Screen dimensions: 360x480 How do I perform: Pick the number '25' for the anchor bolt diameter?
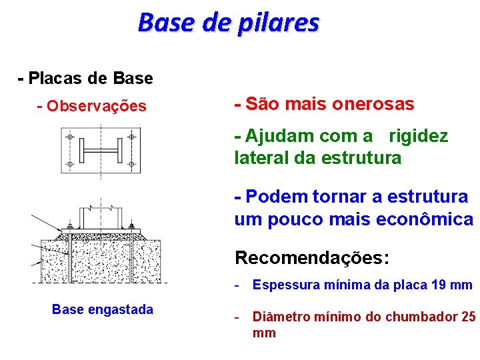pos(469,317)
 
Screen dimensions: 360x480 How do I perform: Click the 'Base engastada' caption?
pos(102,309)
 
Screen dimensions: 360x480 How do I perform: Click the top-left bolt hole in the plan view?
pos(69,137)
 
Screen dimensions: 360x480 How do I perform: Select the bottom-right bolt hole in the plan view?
pos(131,163)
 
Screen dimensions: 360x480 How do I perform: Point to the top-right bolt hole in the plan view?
pos(131,137)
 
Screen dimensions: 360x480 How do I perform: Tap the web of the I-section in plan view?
pos(100,151)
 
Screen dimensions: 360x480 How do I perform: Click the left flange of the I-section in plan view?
pos(82,151)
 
